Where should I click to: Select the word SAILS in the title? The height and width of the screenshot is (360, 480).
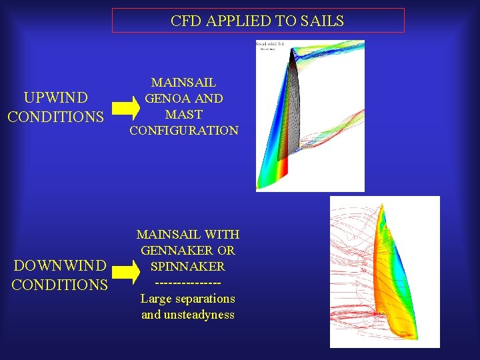[323, 21]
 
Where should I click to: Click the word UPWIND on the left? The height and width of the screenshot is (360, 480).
[56, 99]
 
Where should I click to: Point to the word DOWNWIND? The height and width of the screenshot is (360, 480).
[59, 266]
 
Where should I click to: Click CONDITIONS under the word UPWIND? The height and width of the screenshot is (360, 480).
[56, 117]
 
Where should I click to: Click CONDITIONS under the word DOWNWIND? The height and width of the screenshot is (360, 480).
[59, 285]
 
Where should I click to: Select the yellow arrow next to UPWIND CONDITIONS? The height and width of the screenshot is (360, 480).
[124, 107]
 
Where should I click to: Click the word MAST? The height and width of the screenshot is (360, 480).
[184, 115]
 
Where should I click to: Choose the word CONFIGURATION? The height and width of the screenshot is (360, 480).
[184, 131]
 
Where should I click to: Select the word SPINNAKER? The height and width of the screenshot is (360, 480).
[187, 267]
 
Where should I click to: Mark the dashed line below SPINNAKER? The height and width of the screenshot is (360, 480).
[187, 283]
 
